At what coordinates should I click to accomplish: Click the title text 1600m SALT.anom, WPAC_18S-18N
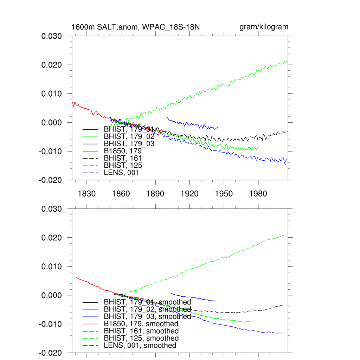coord(136,27)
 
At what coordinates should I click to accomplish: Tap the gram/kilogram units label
coord(264,27)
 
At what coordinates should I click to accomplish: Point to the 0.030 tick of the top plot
coord(52,36)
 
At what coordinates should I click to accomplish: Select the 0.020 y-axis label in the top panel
coord(52,65)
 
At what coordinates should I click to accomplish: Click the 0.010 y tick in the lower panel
coord(52,266)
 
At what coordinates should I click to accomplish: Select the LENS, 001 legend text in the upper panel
coord(121,173)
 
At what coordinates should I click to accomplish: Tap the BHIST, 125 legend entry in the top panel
coord(123,165)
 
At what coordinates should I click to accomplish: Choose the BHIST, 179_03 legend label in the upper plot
coord(129,143)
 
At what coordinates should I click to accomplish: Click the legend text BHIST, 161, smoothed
coord(141,331)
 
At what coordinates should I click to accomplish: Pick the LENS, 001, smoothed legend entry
coord(140,346)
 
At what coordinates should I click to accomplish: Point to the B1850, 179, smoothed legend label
coord(141,323)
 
